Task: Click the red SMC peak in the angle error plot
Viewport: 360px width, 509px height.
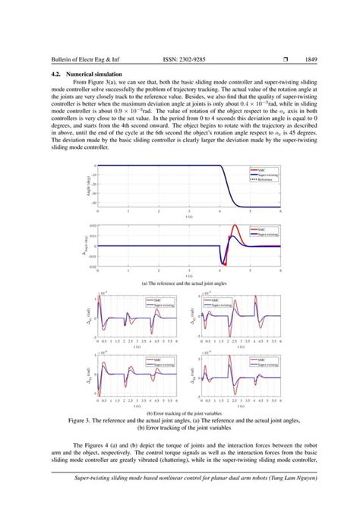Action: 234,227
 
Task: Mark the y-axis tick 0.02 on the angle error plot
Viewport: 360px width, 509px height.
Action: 93,226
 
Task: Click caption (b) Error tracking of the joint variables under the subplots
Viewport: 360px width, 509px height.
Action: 180,413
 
